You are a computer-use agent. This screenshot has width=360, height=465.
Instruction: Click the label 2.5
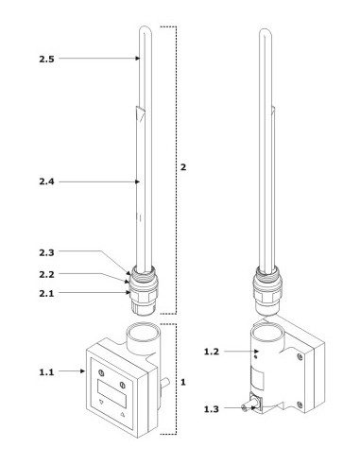coord(46,59)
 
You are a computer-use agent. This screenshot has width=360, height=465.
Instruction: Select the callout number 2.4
coord(46,181)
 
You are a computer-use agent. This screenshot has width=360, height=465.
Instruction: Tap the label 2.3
coord(46,252)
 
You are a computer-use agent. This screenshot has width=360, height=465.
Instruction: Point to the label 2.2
coord(46,274)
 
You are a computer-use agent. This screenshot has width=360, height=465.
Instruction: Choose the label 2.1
coord(46,293)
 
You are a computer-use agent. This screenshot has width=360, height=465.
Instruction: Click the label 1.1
coord(46,372)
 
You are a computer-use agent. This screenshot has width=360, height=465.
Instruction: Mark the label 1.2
coord(212,352)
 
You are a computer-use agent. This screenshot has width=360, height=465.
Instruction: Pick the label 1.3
coord(212,409)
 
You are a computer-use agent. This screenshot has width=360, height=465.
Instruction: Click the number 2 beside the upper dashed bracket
coord(183,167)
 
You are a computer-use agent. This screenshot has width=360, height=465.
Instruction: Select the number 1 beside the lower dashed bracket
coord(183,382)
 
